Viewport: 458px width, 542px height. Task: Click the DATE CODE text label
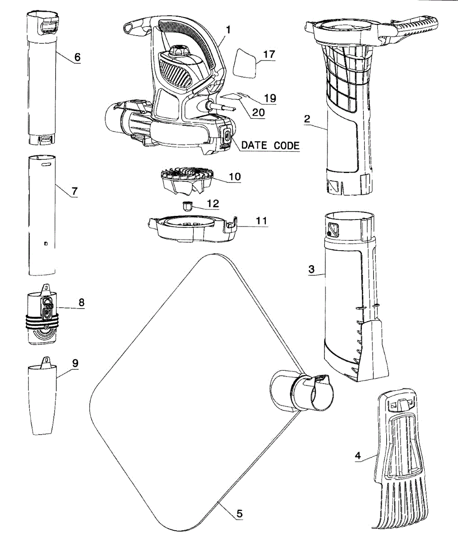coord(270,145)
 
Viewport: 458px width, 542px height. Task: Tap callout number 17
coord(269,54)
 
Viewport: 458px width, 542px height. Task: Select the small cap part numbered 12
coord(187,207)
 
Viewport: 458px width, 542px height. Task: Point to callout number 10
coord(235,176)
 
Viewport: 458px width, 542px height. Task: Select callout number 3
coord(311,270)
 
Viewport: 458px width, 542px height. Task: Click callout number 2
coord(307,119)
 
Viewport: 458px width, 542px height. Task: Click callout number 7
coord(74,191)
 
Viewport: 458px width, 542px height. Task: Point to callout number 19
coord(270,98)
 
